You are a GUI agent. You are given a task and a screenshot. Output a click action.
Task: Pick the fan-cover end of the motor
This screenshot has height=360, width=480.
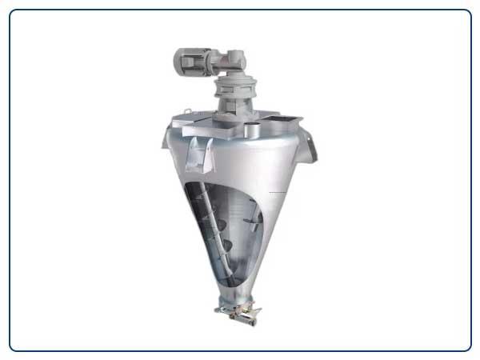pyautogui.click(x=178, y=60)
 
